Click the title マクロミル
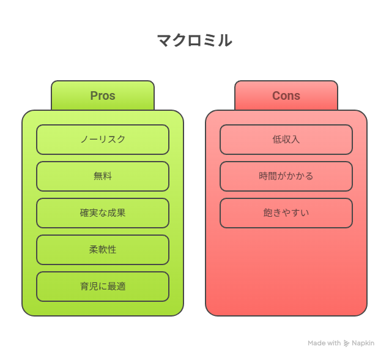coord(194,40)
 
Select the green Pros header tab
coord(103,96)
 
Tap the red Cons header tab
coord(286,96)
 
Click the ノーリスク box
coord(103,140)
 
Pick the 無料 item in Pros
coord(103,176)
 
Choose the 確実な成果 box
coord(103,213)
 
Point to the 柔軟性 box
coord(103,250)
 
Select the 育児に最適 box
coord(103,287)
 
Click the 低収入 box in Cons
coord(286,140)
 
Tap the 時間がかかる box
coord(286,176)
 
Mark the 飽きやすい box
coord(286,213)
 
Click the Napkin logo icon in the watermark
coord(346,343)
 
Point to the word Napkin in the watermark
coord(363,343)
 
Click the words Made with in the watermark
coord(324,343)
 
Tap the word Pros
coord(103,96)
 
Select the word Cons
coord(286,96)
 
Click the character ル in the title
coord(225,40)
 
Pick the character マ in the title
coord(165,41)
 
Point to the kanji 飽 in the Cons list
coord(268,213)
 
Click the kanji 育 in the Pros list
coord(84,287)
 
